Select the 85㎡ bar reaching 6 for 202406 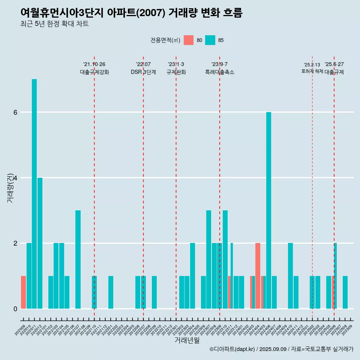click(268, 210)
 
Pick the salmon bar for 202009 click(23, 292)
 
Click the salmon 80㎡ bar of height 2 click(258, 276)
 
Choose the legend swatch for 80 click(189, 40)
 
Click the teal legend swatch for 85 click(210, 40)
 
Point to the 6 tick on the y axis click(15, 112)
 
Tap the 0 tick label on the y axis click(15, 309)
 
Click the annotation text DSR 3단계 click(143, 72)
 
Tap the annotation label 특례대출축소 click(220, 72)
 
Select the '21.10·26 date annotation click(94, 64)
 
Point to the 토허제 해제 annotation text click(312, 71)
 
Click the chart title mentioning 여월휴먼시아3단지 click(132, 13)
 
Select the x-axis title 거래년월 click(187, 340)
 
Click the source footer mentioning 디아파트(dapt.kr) click(281, 349)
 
